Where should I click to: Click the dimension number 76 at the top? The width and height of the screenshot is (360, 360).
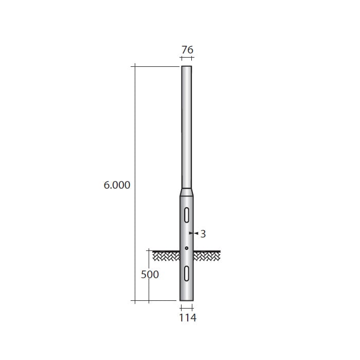(x=187, y=50)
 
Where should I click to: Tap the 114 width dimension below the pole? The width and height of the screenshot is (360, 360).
(x=187, y=318)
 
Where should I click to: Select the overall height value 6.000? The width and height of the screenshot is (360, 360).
(x=117, y=185)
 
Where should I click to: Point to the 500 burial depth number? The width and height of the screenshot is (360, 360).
(x=150, y=275)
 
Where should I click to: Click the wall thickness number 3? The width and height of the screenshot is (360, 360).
(x=203, y=234)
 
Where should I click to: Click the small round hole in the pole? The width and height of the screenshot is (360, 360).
(x=187, y=248)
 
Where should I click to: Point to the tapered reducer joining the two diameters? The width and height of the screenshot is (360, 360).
(x=187, y=192)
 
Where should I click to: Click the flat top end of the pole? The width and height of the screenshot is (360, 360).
(x=186, y=66)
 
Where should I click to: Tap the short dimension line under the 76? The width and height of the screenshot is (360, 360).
(x=187, y=60)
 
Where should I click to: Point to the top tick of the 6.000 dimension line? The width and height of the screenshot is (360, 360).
(x=135, y=66)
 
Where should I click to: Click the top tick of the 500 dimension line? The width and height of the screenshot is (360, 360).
(x=149, y=251)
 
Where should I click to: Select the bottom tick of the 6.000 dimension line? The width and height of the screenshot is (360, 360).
(x=135, y=300)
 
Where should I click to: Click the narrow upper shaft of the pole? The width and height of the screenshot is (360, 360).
(x=186, y=129)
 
